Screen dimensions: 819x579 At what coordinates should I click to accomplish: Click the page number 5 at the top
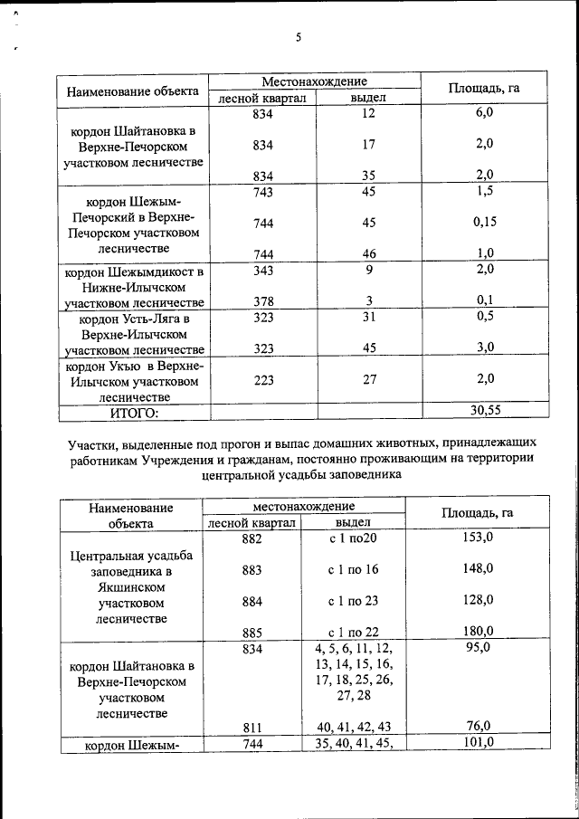point(297,37)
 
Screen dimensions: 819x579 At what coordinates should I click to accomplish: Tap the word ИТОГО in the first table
point(134,413)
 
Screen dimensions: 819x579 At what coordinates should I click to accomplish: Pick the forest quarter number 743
point(262,191)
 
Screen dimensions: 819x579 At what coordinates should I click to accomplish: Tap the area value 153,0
point(477,538)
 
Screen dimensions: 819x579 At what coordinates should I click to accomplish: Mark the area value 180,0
point(477,631)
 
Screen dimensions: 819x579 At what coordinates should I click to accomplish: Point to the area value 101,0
point(477,743)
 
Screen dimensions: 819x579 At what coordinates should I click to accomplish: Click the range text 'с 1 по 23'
point(353,600)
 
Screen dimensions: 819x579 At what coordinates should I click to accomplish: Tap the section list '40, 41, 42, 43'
point(354,725)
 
